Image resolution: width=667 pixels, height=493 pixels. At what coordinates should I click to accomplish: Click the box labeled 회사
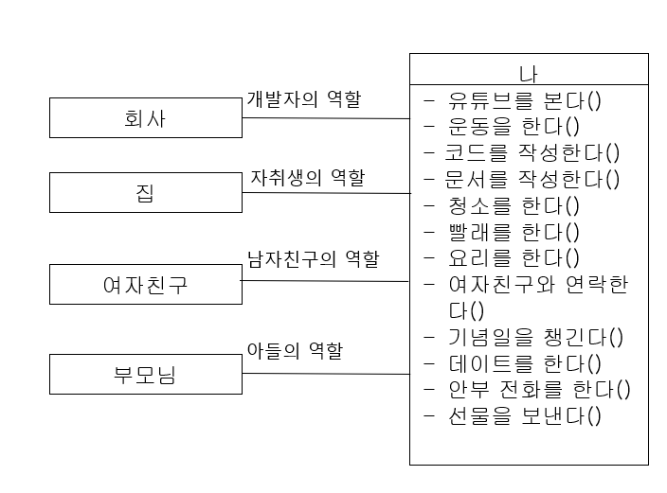point(145,117)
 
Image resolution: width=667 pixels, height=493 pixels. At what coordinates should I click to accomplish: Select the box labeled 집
point(145,192)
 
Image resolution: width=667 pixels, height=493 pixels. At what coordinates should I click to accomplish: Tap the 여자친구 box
point(145,284)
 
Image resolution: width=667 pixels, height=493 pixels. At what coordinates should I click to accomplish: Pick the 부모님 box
point(145,374)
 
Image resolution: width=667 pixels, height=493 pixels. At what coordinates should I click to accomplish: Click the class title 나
point(529,71)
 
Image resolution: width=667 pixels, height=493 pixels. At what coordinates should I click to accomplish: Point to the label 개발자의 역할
point(303,97)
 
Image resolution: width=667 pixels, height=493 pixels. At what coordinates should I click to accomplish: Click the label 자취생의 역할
point(307,177)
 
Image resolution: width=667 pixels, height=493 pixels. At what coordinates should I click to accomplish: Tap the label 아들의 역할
point(295,350)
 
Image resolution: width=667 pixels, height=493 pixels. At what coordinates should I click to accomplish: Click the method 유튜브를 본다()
point(526,99)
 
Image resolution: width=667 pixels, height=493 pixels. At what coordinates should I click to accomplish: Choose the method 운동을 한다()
point(514,126)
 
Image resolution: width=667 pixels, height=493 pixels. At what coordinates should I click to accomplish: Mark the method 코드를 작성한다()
point(534,152)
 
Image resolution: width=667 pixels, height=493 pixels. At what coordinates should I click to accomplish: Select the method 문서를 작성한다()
point(534,179)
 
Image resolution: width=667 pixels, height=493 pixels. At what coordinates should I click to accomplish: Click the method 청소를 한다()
point(514,205)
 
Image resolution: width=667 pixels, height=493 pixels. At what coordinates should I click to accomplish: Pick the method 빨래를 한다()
point(514,232)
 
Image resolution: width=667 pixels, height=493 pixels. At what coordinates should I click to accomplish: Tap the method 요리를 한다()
point(514,257)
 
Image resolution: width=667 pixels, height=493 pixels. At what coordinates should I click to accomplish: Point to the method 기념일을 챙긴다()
point(536,337)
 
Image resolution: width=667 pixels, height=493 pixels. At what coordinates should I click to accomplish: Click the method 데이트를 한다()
point(525,363)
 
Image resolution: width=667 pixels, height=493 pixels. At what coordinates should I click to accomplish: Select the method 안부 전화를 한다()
point(540,389)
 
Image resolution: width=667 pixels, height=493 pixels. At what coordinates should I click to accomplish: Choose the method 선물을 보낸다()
point(525,415)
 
